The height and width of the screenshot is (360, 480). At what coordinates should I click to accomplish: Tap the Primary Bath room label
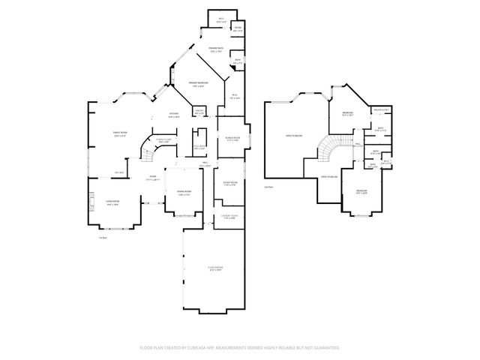[216, 50]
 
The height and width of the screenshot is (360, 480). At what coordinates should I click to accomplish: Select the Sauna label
[238, 29]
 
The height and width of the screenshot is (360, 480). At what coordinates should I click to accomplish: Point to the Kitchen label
[173, 115]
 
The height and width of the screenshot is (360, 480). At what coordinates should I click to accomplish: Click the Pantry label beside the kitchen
[199, 112]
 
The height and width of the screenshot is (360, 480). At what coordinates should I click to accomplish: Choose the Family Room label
[120, 135]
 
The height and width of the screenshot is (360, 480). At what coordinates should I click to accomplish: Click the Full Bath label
[199, 147]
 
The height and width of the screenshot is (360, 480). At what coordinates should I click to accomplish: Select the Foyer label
[151, 179]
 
